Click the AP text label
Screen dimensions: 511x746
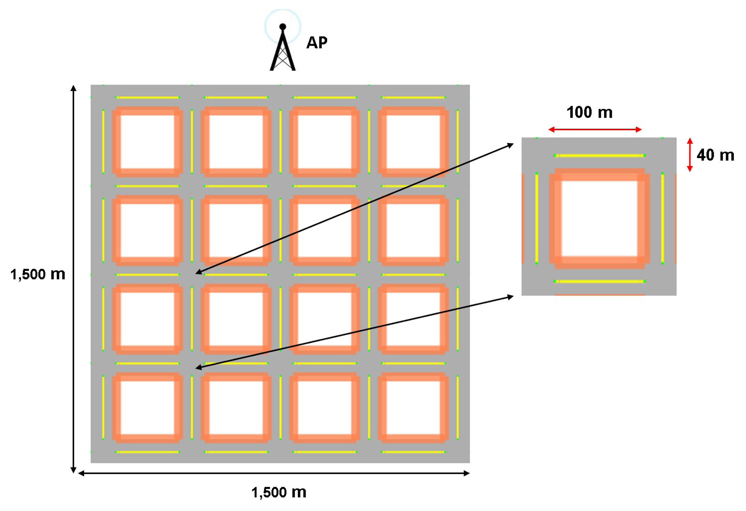pyautogui.click(x=317, y=43)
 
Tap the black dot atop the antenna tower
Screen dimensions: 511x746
pyautogui.click(x=283, y=26)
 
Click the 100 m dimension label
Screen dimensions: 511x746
pyautogui.click(x=589, y=112)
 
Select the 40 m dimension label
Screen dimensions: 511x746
pyautogui.click(x=715, y=155)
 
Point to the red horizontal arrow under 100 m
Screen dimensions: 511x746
pyautogui.click(x=595, y=129)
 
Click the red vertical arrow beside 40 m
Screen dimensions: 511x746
pyautogui.click(x=690, y=155)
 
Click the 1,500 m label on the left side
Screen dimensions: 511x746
pyautogui.click(x=38, y=274)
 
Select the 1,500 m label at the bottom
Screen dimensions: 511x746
pyautogui.click(x=279, y=492)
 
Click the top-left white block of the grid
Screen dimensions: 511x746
pyautogui.click(x=147, y=141)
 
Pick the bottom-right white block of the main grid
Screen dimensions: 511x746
pyautogui.click(x=413, y=407)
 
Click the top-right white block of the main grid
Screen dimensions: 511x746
pyautogui.click(x=413, y=141)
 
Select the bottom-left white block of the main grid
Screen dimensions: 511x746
pyautogui.click(x=147, y=407)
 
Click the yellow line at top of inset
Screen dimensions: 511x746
pyautogui.click(x=599, y=156)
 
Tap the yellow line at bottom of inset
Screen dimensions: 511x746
pyautogui.click(x=599, y=281)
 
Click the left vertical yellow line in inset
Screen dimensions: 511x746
pyautogui.click(x=536, y=218)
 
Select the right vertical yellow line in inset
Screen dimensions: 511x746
pyautogui.click(x=662, y=218)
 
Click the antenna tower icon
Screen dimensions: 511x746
pyautogui.click(x=283, y=51)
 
